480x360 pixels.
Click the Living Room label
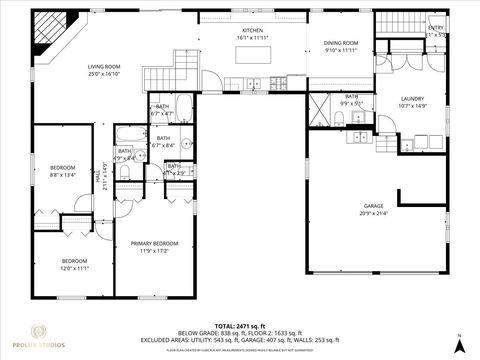(105, 69)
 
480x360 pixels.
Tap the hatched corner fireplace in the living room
(46, 36)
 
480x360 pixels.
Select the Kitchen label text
(252, 35)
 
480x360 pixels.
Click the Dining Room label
(340, 47)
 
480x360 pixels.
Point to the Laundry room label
(412, 101)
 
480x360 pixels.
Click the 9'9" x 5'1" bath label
(352, 99)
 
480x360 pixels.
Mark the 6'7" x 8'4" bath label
(162, 141)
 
